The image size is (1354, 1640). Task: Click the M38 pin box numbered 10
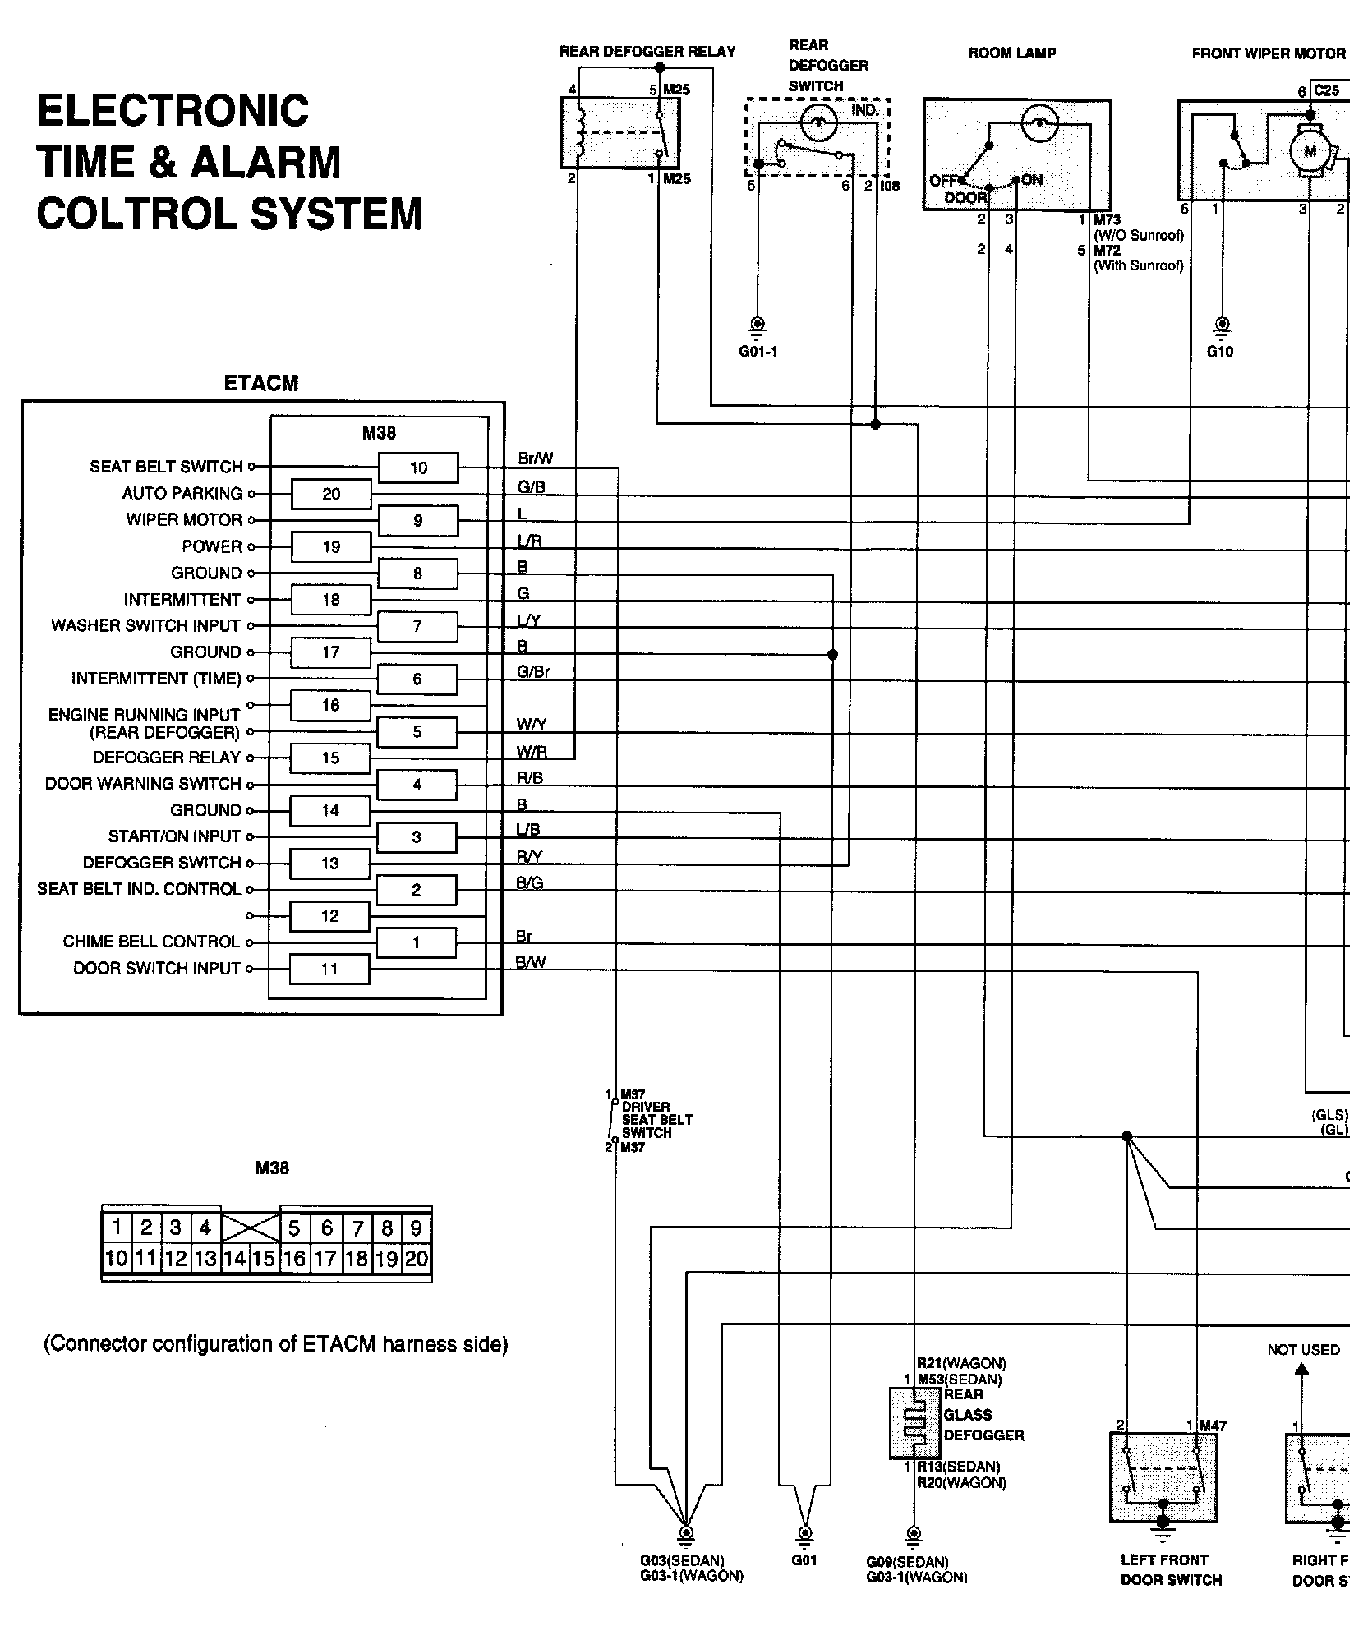418,468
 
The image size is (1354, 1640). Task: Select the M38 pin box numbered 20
331,494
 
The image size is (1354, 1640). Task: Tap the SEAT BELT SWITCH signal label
166,467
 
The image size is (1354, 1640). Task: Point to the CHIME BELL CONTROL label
151,942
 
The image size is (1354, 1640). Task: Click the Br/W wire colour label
535,458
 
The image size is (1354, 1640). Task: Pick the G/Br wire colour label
532,671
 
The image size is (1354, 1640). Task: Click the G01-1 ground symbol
758,325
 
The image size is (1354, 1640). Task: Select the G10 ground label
1220,352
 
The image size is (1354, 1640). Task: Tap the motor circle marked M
1310,151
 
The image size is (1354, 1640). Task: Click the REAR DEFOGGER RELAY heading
647,52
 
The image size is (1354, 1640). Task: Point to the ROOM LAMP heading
1011,53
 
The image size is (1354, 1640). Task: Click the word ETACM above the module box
261,383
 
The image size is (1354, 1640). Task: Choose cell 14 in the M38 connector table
235,1259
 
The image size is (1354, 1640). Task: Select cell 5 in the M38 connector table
294,1229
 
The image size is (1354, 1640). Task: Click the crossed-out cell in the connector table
250,1229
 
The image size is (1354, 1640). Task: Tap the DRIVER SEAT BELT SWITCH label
656,1119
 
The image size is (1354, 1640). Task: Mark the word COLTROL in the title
136,214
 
